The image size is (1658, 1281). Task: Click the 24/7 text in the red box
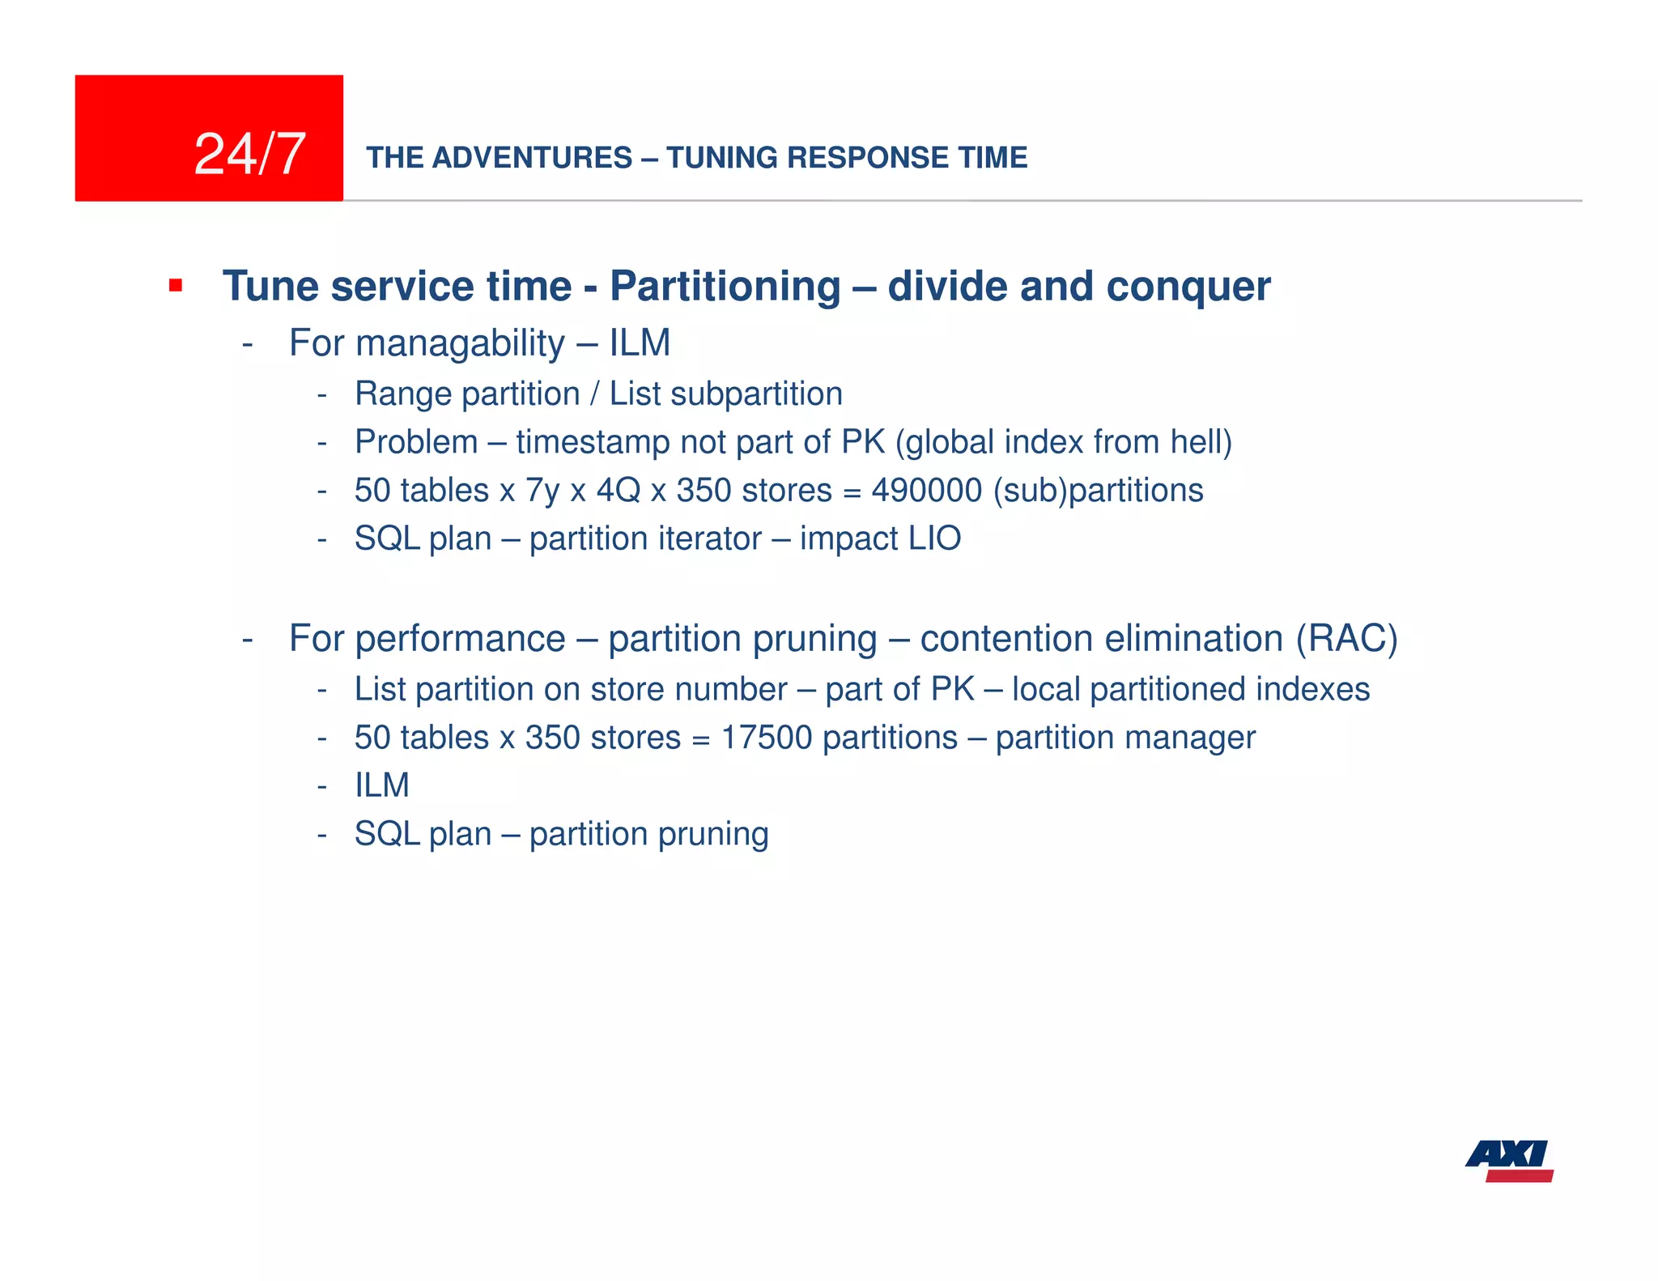(x=249, y=154)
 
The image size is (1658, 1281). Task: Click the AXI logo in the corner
(x=1509, y=1160)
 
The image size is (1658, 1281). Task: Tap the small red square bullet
(x=175, y=285)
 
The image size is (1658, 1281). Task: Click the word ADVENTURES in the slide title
(x=532, y=157)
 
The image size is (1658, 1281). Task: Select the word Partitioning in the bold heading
(x=725, y=286)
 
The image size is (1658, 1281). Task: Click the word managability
(x=459, y=343)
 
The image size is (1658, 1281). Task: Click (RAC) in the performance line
(x=1346, y=638)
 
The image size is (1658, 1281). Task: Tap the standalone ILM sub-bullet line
(x=381, y=785)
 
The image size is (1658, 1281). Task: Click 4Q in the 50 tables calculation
(x=618, y=490)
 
